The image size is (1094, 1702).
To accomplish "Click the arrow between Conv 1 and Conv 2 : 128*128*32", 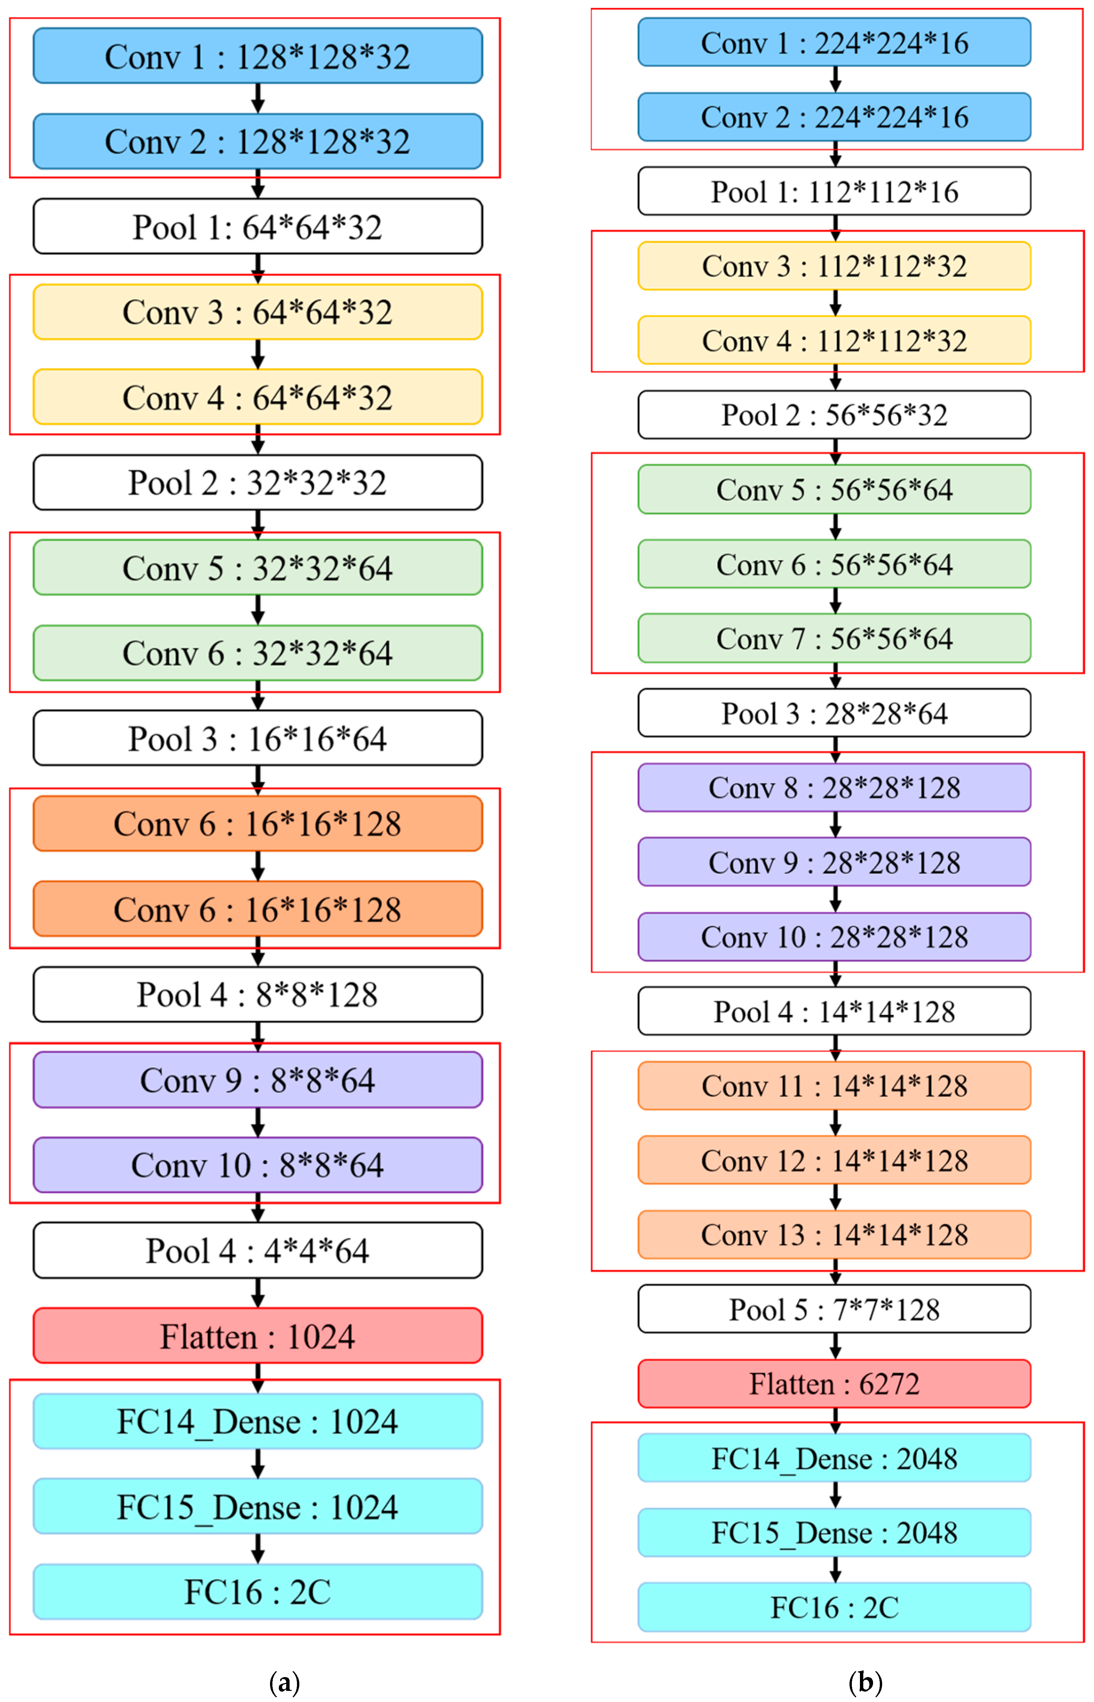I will (258, 98).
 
